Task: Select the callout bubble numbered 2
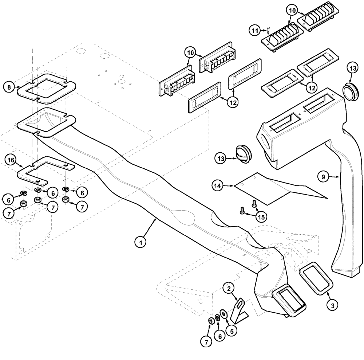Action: click(229, 289)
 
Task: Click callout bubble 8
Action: click(9, 87)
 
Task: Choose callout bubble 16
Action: click(11, 160)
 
